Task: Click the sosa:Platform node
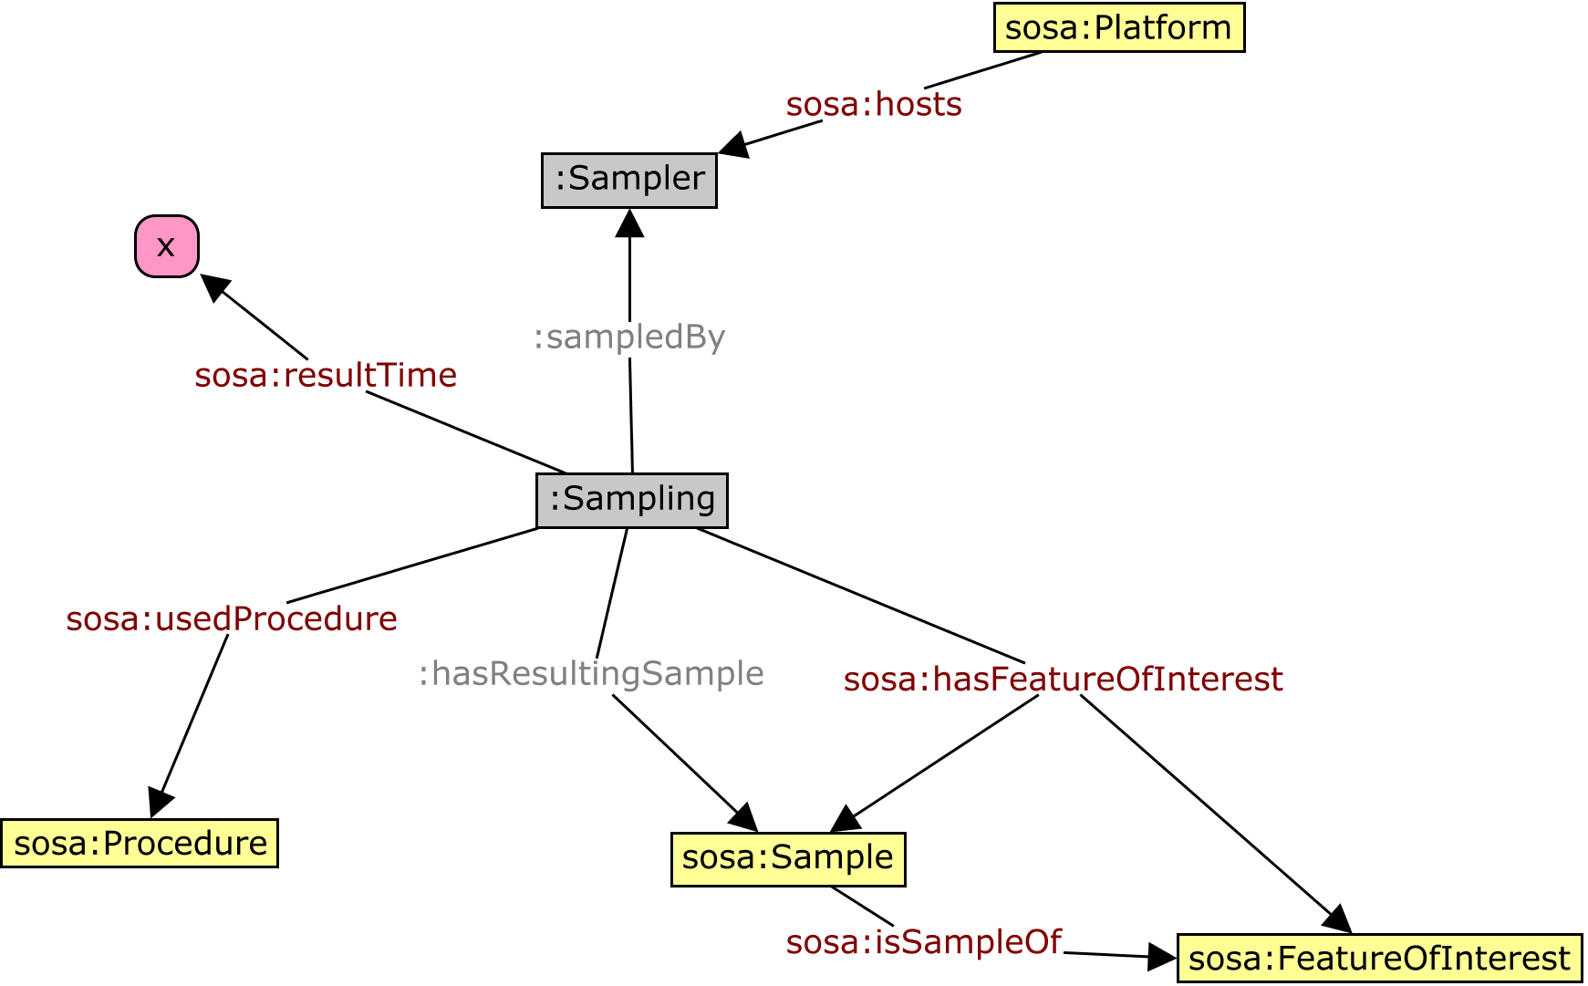coord(1118,27)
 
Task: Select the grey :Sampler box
coord(628,180)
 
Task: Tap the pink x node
coord(166,245)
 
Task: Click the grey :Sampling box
coord(631,500)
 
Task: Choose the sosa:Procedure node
coord(140,843)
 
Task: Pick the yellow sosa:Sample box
coord(787,858)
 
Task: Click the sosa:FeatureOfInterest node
coord(1378,958)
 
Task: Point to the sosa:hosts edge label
coord(873,105)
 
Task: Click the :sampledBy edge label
coord(628,337)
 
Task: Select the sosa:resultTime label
coord(326,375)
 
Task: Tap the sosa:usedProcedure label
coord(232,618)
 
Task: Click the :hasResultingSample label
coord(590,673)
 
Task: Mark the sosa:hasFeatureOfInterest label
coord(1063,680)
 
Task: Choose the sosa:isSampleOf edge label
coord(923,941)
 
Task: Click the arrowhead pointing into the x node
coord(213,286)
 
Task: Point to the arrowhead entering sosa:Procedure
coord(159,803)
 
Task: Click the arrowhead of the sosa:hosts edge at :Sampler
coord(733,145)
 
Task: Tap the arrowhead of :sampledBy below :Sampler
coord(629,223)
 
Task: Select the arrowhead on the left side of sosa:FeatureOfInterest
coord(1162,957)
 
